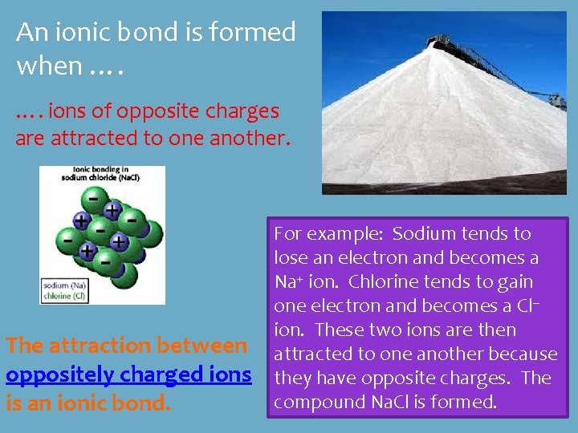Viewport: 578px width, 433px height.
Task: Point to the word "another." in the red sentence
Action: (x=249, y=138)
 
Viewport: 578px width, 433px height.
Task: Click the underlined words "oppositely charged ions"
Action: (x=128, y=374)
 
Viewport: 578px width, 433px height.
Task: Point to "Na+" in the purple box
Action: (x=288, y=282)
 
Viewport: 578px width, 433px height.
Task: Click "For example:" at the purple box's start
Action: (x=320, y=234)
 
